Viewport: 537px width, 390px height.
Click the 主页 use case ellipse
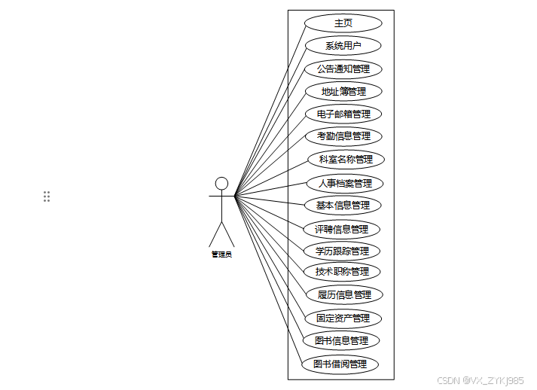tap(343, 23)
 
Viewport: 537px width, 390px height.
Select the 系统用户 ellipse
tap(343, 46)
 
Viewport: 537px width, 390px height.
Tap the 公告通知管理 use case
tap(343, 69)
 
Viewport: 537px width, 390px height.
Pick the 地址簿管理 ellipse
tap(343, 92)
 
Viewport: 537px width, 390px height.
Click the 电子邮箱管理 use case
tap(343, 114)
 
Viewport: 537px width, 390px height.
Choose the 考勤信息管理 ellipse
tap(343, 136)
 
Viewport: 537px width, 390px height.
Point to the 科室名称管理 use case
tap(346, 160)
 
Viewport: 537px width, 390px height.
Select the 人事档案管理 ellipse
tap(345, 183)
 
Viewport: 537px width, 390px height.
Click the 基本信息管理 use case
tap(343, 205)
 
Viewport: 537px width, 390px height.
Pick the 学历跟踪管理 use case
tap(342, 251)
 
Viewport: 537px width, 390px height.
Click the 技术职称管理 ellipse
tap(342, 271)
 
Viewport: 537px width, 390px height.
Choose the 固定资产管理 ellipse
tap(343, 318)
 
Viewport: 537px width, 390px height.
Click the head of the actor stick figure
tap(221, 183)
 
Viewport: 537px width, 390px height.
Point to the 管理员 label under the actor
tap(221, 254)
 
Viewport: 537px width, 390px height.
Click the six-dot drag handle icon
tap(47, 197)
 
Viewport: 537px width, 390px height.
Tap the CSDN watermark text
tap(480, 381)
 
